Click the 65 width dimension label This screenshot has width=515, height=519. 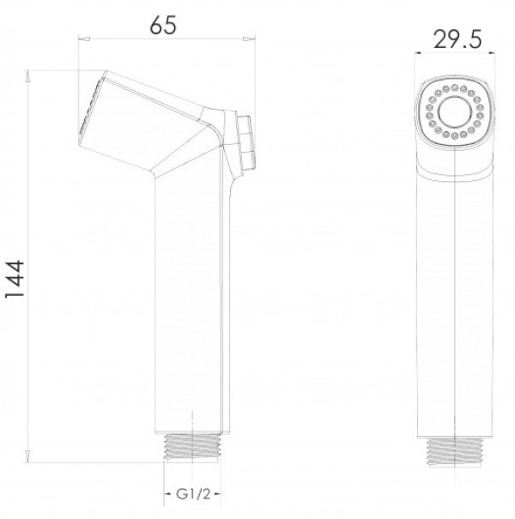coord(163,25)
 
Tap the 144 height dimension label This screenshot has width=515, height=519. coord(15,279)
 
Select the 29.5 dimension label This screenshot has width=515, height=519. coord(457,39)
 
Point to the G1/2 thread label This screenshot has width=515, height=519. coord(193,494)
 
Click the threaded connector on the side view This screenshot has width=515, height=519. coord(192,448)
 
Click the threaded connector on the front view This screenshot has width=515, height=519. coord(455,451)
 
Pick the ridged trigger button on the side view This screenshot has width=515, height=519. coord(245,142)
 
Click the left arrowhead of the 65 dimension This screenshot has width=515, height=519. coord(84,39)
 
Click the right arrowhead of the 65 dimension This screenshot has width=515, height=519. coord(250,39)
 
